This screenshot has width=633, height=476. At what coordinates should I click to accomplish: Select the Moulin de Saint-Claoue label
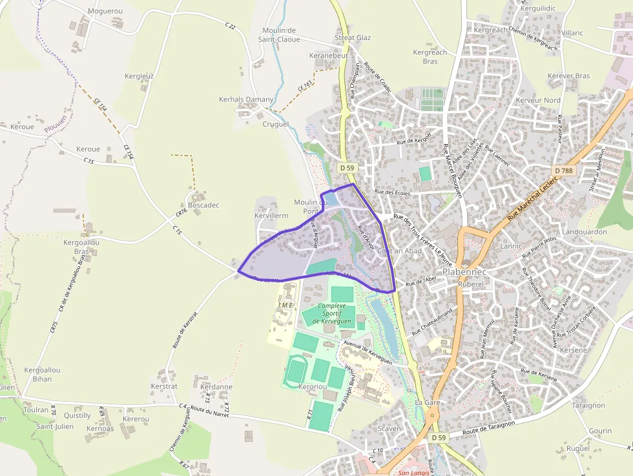click(280, 35)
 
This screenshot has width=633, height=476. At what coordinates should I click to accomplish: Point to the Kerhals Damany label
click(246, 99)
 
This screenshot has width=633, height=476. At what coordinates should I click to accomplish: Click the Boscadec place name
click(203, 205)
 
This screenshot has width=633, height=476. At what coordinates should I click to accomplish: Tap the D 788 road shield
click(563, 171)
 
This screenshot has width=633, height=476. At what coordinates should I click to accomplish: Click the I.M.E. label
click(285, 305)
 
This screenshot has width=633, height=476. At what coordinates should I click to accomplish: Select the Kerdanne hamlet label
click(216, 387)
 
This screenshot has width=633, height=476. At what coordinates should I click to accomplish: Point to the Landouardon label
click(585, 232)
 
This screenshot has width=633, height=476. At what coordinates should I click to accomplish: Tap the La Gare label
click(428, 402)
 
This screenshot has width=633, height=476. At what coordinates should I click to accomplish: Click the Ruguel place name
click(577, 448)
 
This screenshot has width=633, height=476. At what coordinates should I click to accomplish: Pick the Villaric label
click(572, 33)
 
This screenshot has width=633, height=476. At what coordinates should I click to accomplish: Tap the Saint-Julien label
click(54, 426)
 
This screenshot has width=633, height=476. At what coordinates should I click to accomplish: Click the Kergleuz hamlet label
click(139, 76)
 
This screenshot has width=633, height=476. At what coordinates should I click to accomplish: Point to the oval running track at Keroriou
click(296, 371)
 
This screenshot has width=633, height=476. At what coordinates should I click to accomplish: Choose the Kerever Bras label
click(568, 76)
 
